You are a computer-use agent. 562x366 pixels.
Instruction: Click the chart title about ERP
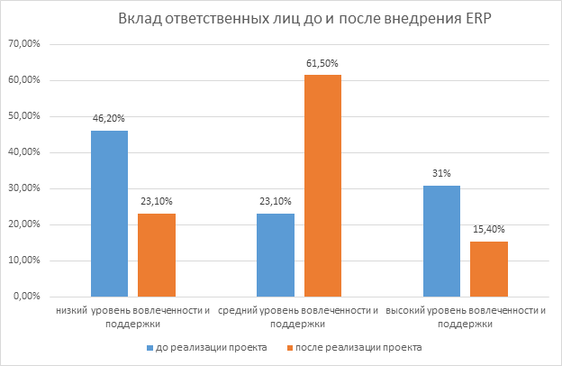281,20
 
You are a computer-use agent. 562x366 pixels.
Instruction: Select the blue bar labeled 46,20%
109,214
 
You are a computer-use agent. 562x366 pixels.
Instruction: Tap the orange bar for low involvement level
156,255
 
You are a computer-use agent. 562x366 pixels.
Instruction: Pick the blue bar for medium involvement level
276,255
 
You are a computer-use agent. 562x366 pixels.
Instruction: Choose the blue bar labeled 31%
441,242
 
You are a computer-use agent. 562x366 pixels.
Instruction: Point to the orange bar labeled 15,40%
488,269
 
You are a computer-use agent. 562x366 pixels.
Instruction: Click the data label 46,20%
109,118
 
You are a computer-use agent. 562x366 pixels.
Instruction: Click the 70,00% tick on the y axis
33,44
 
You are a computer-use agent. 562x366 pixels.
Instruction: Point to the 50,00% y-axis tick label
33,116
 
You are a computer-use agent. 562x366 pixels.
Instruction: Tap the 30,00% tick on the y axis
33,188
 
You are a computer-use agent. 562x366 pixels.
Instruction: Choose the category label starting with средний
299,316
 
